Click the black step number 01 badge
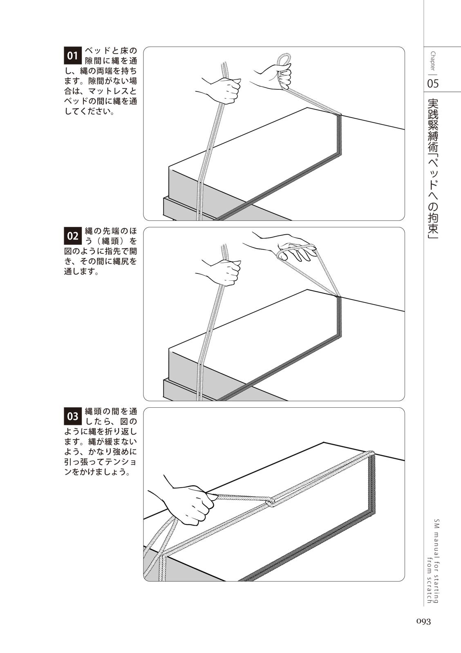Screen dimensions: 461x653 72,56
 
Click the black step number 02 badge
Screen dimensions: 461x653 72,236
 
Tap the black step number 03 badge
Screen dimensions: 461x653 72,416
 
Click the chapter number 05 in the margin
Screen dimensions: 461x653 433,83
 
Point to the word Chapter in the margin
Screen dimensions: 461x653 433,61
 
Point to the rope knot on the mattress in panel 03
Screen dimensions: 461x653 270,502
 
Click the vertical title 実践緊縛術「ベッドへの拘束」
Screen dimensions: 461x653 433,169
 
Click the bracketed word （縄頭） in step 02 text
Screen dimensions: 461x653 112,242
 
